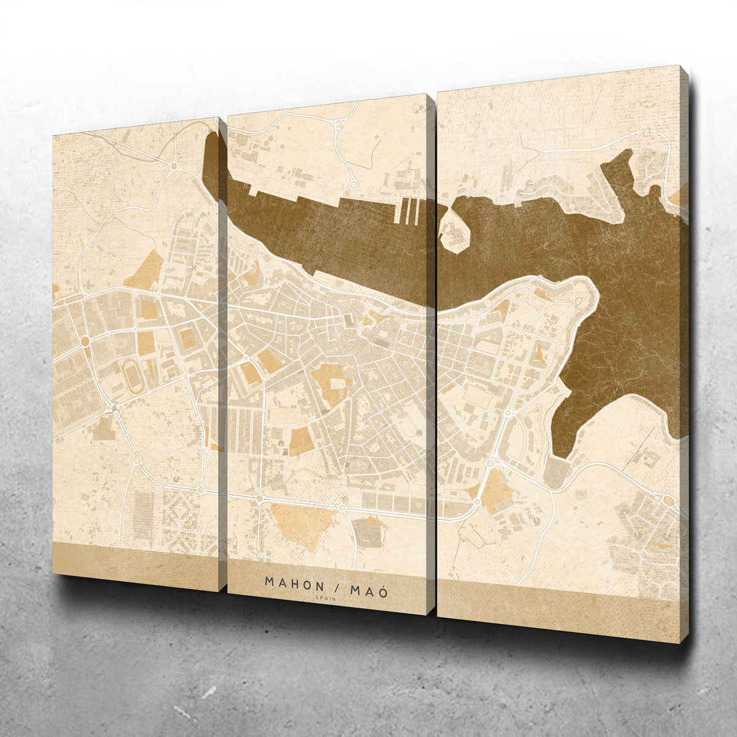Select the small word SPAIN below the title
tap(326, 598)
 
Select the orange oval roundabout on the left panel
tap(85, 340)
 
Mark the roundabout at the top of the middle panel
tap(337, 124)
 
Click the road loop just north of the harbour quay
tap(353, 183)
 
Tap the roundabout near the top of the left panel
tap(174, 165)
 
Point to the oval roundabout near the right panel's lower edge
tap(668, 501)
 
